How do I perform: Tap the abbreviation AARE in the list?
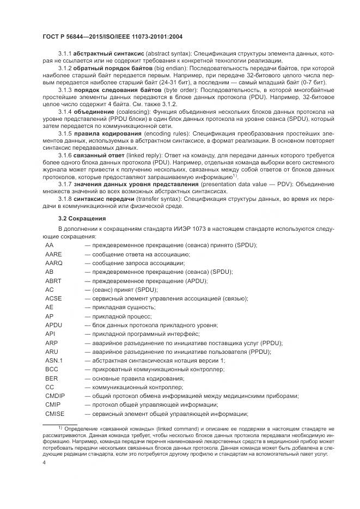[53, 254]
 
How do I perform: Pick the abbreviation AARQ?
[54, 263]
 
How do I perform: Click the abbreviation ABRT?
[53, 281]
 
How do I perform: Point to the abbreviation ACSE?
[53, 298]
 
